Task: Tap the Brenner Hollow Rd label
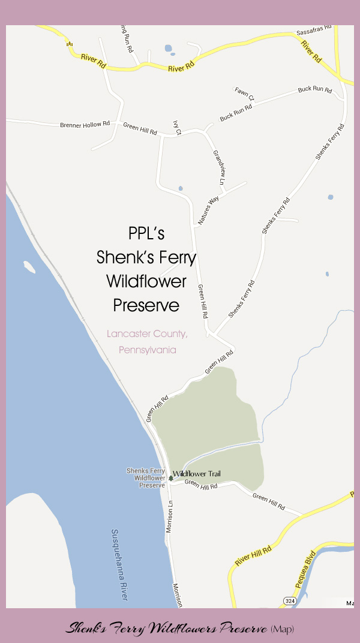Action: point(85,125)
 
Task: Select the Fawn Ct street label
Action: point(244,94)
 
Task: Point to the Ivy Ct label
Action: point(176,120)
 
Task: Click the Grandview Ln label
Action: point(219,167)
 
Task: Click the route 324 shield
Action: point(290,600)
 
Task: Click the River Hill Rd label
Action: point(254,555)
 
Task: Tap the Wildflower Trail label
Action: point(196,474)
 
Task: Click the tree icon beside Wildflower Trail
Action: point(171,477)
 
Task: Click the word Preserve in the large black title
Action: point(146,305)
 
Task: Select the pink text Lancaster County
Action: point(147,333)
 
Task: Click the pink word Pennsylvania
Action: point(147,349)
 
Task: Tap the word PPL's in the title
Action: point(146,233)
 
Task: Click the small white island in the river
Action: point(28,265)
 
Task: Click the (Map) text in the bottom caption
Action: point(282,629)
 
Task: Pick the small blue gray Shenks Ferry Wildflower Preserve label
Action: point(146,478)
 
